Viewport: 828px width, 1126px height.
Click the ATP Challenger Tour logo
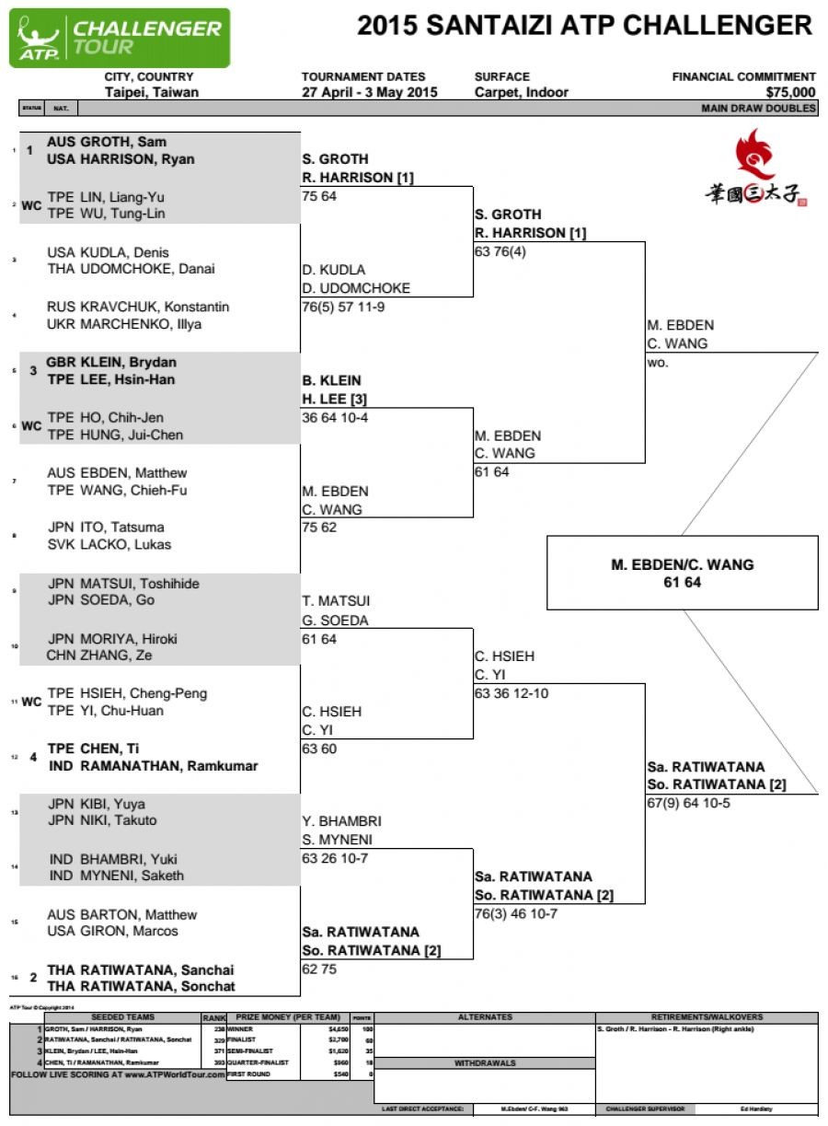tap(120, 38)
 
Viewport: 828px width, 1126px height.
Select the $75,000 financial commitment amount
tap(790, 92)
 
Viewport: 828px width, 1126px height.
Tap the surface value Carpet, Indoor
tap(521, 92)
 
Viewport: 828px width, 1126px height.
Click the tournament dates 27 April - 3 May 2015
tap(369, 92)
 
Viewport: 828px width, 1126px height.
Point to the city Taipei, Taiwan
tap(152, 92)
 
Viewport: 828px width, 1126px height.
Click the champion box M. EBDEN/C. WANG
tap(682, 573)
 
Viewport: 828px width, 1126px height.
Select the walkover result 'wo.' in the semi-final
tap(658, 362)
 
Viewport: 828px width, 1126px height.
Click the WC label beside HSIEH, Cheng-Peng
tap(31, 702)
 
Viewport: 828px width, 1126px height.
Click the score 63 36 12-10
tap(512, 693)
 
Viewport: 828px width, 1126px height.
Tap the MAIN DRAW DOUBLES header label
tap(758, 108)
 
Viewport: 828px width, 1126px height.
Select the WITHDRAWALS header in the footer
tap(485, 1062)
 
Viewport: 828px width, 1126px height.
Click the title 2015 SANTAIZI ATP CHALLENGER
tap(584, 25)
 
